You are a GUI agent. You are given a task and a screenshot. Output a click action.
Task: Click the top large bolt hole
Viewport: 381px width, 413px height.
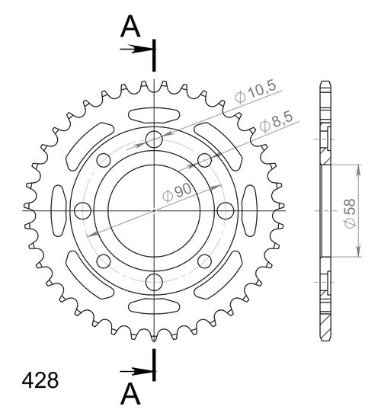coord(154,139)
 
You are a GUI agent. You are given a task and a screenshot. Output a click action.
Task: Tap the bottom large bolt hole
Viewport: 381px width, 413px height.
coord(154,280)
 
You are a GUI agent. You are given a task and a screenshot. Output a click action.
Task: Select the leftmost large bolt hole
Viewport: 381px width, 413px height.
coord(83,210)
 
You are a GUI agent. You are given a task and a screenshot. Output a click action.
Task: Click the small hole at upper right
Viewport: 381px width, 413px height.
coord(203,160)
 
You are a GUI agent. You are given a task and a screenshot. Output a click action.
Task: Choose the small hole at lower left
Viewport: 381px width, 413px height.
coord(104,260)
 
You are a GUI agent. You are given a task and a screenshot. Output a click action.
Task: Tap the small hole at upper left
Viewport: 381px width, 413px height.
coord(104,160)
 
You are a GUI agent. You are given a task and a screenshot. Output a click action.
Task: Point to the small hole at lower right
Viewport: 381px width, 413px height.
coord(203,260)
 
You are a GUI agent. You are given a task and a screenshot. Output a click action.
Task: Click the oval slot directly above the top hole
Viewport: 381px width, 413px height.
coord(154,116)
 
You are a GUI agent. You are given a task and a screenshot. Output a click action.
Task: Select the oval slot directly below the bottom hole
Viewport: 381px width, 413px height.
coord(154,305)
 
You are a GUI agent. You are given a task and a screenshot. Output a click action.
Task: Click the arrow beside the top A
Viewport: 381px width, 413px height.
coord(137,50)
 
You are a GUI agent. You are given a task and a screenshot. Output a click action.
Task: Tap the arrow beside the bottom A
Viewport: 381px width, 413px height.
coord(137,371)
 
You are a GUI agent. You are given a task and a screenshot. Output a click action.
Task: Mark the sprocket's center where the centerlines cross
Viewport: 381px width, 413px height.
coord(154,210)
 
